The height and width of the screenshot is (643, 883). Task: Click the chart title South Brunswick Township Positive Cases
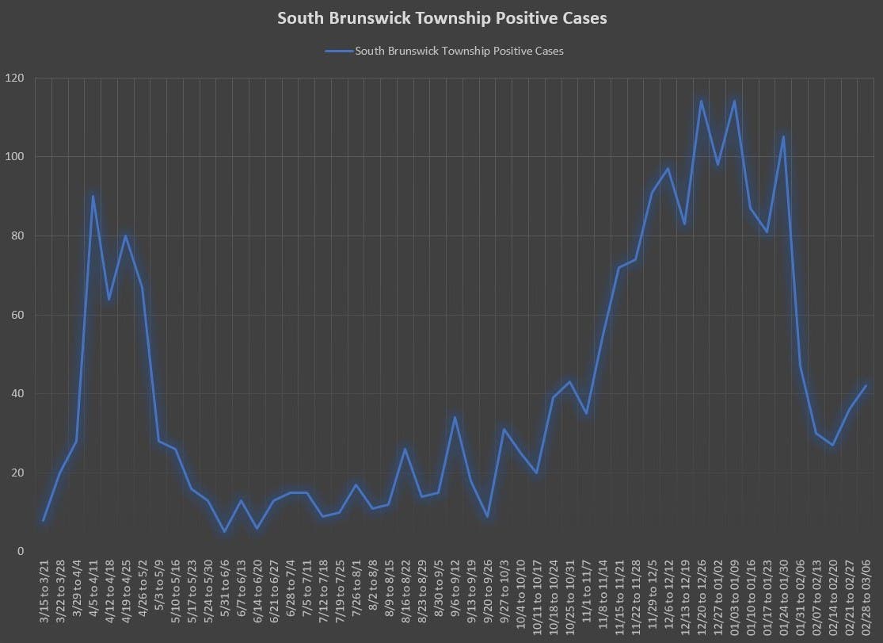click(x=442, y=17)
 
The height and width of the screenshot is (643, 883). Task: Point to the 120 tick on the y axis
click(x=15, y=78)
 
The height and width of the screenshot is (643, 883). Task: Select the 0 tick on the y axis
click(x=21, y=551)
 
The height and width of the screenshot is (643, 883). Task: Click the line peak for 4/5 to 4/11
click(x=93, y=196)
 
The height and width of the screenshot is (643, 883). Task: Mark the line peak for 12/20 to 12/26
click(x=701, y=101)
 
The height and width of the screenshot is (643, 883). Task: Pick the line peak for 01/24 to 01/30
click(x=783, y=137)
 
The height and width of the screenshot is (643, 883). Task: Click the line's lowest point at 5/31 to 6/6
click(x=225, y=531)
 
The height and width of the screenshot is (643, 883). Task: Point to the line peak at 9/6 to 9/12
click(x=455, y=417)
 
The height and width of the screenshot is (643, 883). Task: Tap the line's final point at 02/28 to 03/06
click(x=866, y=386)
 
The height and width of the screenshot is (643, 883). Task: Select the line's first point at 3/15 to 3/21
click(x=44, y=520)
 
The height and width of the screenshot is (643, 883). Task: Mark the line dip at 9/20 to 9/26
click(x=487, y=516)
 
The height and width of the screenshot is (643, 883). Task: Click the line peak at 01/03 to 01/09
click(x=734, y=101)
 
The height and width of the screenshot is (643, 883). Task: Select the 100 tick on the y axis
click(x=15, y=157)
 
